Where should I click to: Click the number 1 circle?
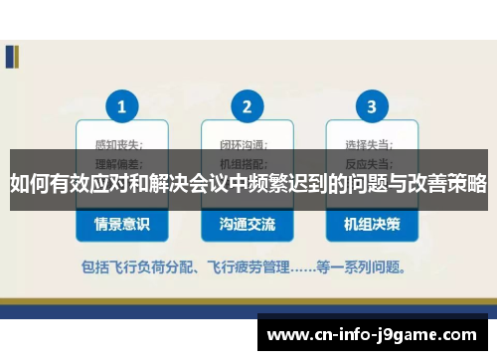[x=122, y=105]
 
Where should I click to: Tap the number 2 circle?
[x=248, y=105]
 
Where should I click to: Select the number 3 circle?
[x=372, y=105]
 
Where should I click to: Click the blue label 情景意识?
[x=122, y=225]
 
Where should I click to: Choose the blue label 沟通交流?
[x=248, y=225]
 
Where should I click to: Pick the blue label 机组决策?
[x=372, y=225]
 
